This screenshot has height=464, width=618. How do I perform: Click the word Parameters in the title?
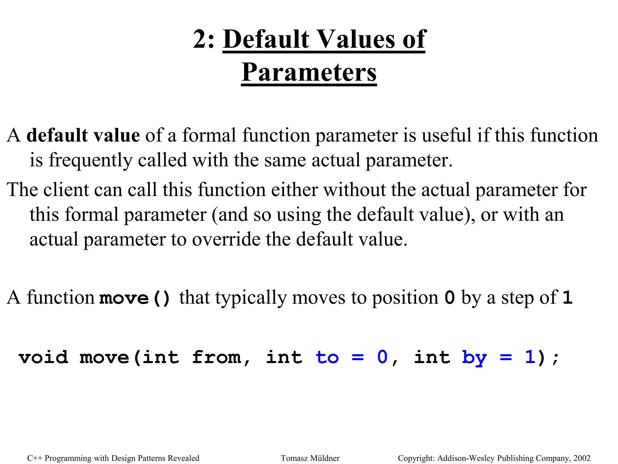[309, 72]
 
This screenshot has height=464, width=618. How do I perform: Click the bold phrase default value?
[83, 135]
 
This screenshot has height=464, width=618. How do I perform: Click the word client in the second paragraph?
[66, 190]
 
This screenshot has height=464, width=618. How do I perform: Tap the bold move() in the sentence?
[135, 298]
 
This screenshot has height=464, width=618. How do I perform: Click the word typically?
[251, 297]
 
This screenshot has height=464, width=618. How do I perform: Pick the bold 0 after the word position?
[450, 298]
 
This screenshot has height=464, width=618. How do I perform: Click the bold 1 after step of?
[567, 298]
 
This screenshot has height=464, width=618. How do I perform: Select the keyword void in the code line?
[43, 357]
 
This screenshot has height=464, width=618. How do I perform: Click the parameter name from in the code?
[216, 357]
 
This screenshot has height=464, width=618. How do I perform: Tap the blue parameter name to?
[327, 357]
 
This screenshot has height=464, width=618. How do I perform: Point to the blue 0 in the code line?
[382, 357]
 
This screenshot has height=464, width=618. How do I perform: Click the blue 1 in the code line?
[530, 357]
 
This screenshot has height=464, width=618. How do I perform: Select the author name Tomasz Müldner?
[310, 458]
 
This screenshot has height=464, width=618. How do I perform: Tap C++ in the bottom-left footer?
[34, 458]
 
